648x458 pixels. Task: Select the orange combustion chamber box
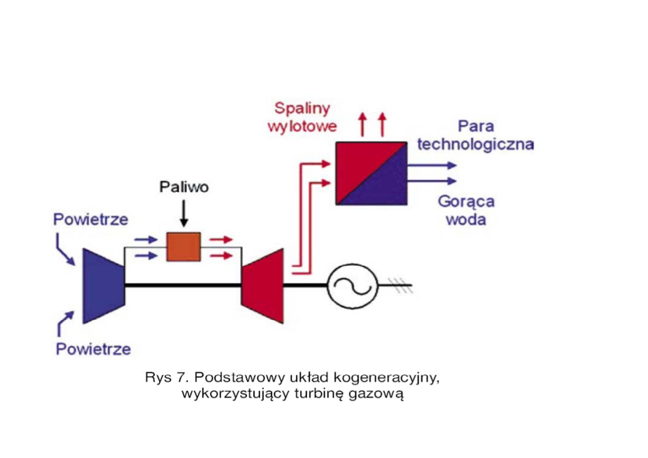(183, 247)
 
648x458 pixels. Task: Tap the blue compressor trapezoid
(103, 286)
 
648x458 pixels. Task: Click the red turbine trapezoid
(263, 286)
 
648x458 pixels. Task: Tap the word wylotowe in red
(302, 126)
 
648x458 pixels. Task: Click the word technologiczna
(476, 144)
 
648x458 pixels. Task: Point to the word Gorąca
(466, 201)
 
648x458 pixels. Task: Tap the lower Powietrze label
(93, 350)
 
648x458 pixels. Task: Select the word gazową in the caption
(379, 394)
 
